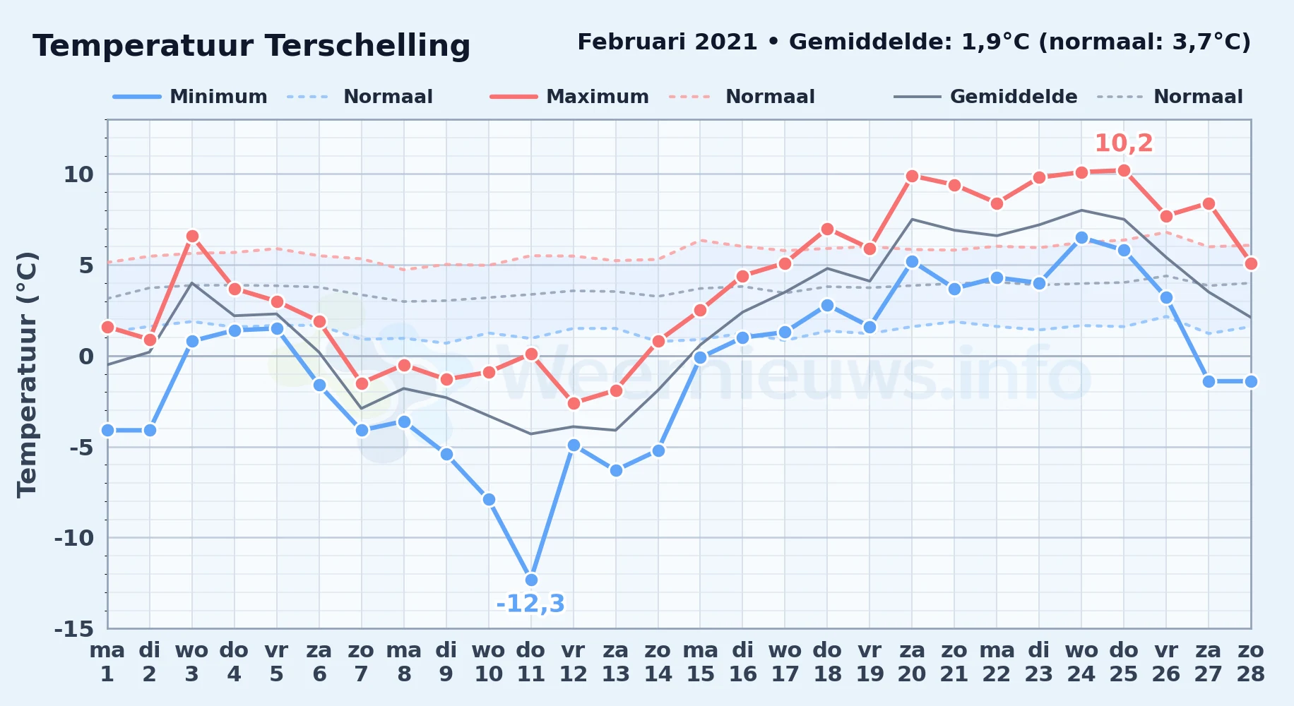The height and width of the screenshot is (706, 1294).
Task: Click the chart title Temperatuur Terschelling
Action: coord(251,47)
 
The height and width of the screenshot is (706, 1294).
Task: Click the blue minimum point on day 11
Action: coord(531,580)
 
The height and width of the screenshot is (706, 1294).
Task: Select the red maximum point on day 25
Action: coord(1124,171)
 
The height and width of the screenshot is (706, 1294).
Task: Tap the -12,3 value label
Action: coord(530,604)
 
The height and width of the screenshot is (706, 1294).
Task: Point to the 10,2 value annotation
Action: coord(1124,143)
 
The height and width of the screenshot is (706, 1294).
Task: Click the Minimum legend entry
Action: coord(190,97)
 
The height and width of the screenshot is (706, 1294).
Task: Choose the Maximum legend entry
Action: coord(569,97)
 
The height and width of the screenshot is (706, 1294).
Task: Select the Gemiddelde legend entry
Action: coord(985,97)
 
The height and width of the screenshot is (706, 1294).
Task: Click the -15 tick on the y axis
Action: coord(74,629)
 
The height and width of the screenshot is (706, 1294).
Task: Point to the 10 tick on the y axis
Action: coord(78,174)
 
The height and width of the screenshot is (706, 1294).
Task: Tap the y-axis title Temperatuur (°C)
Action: coord(28,375)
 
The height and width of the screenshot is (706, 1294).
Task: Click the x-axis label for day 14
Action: coord(658,662)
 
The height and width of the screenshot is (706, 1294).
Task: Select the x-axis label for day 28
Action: coord(1250,662)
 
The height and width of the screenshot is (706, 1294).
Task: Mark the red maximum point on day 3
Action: coord(192,237)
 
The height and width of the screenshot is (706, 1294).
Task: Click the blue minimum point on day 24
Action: coord(1081,238)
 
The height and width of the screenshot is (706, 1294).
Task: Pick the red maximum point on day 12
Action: coord(574,404)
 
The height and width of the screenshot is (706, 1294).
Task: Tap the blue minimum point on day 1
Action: coord(107,430)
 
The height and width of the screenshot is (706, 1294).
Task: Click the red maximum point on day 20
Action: coord(912,176)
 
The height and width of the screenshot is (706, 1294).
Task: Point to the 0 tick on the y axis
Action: coord(86,357)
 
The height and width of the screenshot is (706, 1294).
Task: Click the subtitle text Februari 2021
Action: coord(667,42)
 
